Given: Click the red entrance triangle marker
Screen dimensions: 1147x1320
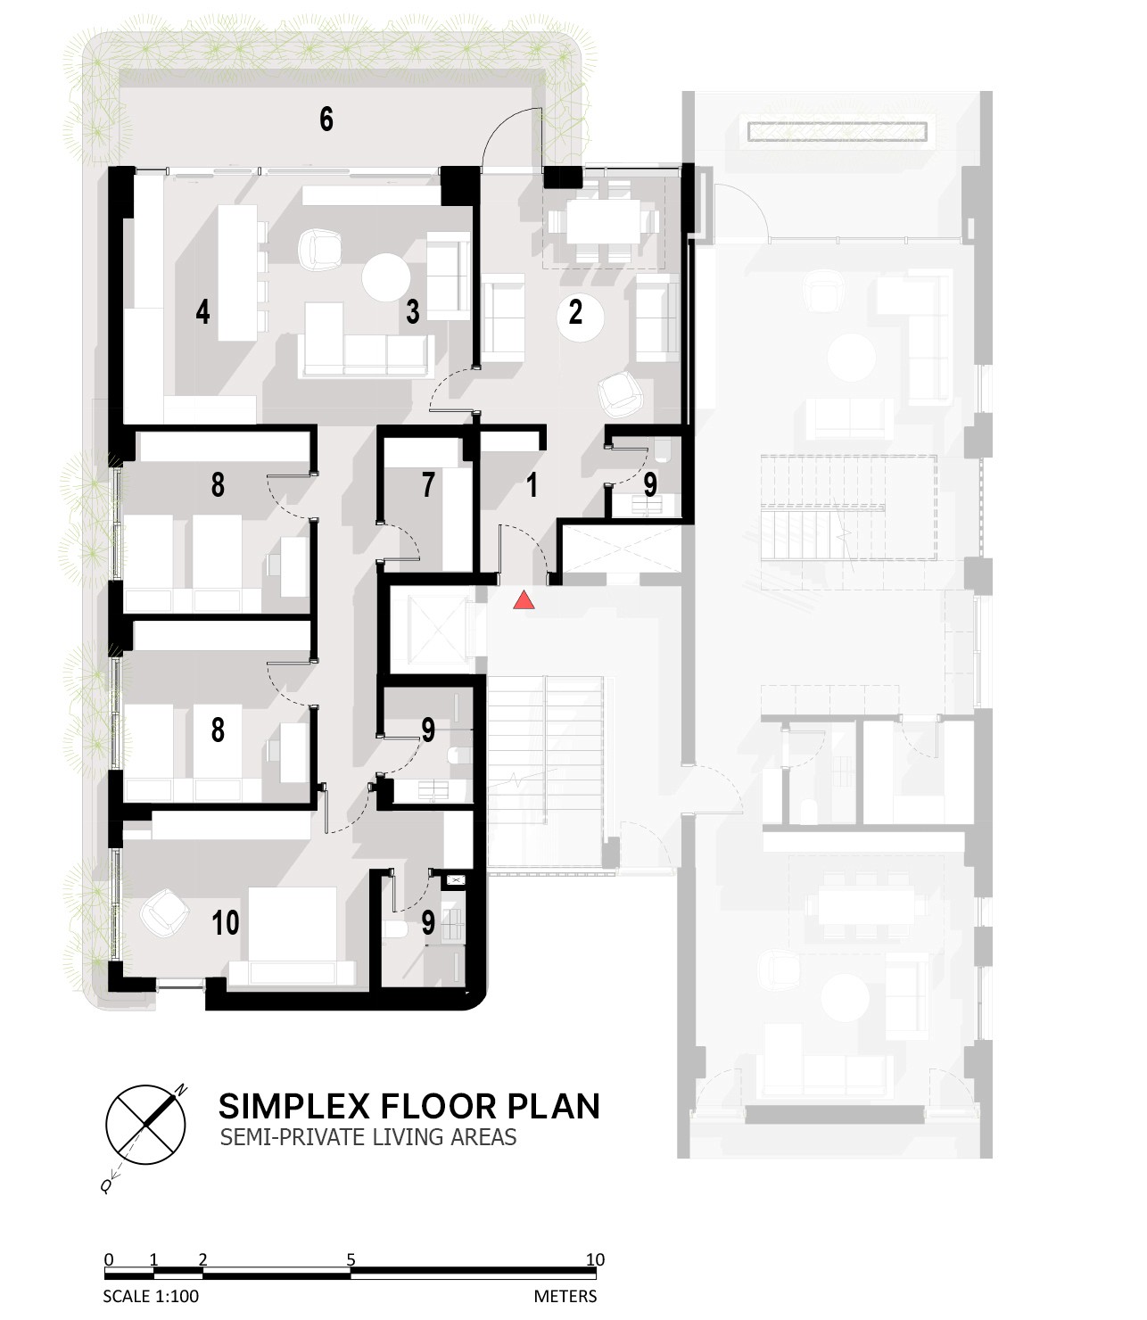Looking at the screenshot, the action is (x=524, y=600).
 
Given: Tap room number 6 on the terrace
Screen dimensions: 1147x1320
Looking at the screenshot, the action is (x=326, y=120).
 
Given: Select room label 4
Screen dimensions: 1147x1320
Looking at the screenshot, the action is (x=203, y=311).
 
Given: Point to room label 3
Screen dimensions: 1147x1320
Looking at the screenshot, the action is (x=413, y=311).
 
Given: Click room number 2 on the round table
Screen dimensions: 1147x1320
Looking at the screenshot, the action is (x=575, y=311).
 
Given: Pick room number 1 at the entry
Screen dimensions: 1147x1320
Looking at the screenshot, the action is (x=532, y=485).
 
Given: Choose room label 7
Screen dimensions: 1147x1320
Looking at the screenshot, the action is (x=428, y=485).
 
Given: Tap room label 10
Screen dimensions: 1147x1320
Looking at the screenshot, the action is (x=226, y=923).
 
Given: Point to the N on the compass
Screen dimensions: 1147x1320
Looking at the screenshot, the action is (x=182, y=1090).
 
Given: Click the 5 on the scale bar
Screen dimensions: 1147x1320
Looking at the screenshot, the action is (x=351, y=1259).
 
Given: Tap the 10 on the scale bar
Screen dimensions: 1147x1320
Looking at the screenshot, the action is (x=596, y=1259).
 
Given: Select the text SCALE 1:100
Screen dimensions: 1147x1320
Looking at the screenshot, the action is (x=151, y=1296).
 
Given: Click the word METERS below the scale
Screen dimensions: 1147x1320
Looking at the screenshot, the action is (x=565, y=1296).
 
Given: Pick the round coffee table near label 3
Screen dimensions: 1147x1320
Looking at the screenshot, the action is (x=386, y=277).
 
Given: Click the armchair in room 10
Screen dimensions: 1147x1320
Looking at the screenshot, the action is (x=164, y=912).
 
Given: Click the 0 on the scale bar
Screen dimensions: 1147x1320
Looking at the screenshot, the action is (x=109, y=1259).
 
